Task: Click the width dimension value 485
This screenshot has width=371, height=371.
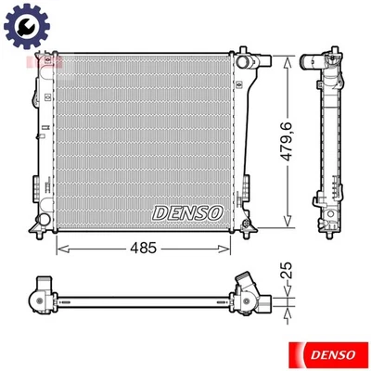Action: tap(142, 248)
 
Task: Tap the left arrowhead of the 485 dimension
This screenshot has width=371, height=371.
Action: tap(61, 248)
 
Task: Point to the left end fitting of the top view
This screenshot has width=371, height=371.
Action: tap(40, 298)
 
